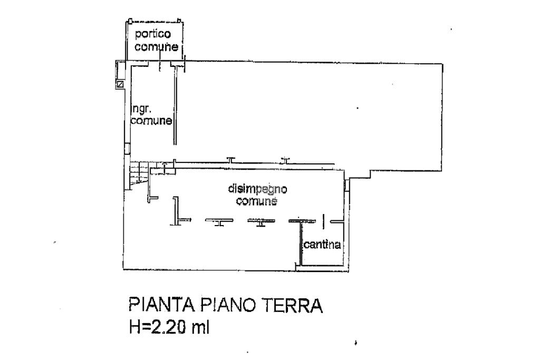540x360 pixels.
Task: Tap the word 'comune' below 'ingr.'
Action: coord(151,121)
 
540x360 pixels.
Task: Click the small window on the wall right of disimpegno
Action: coord(346,185)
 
